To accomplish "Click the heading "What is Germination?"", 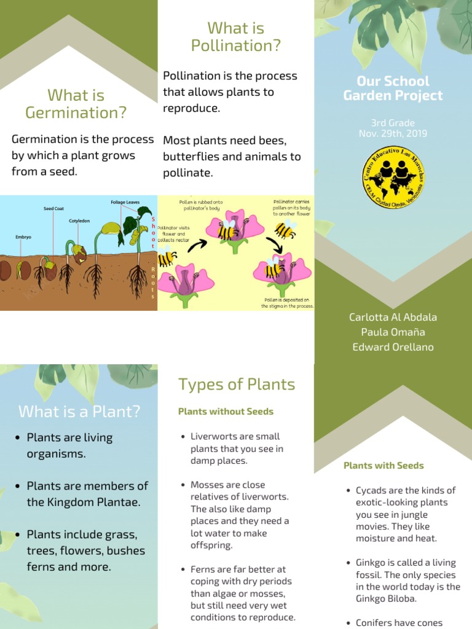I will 76,104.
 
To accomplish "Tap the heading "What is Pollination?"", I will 236,37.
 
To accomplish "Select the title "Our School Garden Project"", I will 393,88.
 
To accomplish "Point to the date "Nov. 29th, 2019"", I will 393,133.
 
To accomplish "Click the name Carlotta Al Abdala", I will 393,318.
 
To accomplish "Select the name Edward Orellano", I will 393,347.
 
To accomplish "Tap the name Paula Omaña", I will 393,332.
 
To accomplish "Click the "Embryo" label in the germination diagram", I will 24,236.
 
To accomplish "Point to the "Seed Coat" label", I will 53,209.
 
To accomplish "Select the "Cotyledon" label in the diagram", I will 79,221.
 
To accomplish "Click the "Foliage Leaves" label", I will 125,202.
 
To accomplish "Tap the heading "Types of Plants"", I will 237,385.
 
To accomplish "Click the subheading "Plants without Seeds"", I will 226,412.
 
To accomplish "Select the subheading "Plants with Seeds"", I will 383,466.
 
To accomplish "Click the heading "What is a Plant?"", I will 79,412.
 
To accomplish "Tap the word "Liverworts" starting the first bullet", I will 213,437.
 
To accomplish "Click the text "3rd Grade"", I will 393,123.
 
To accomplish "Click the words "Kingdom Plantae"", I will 92,502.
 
